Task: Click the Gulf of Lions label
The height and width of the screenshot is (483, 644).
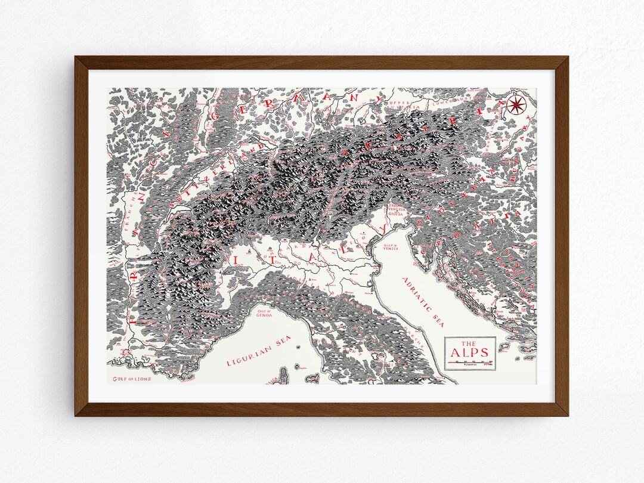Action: click(x=132, y=379)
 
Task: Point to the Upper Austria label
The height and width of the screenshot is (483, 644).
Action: click(x=401, y=105)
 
